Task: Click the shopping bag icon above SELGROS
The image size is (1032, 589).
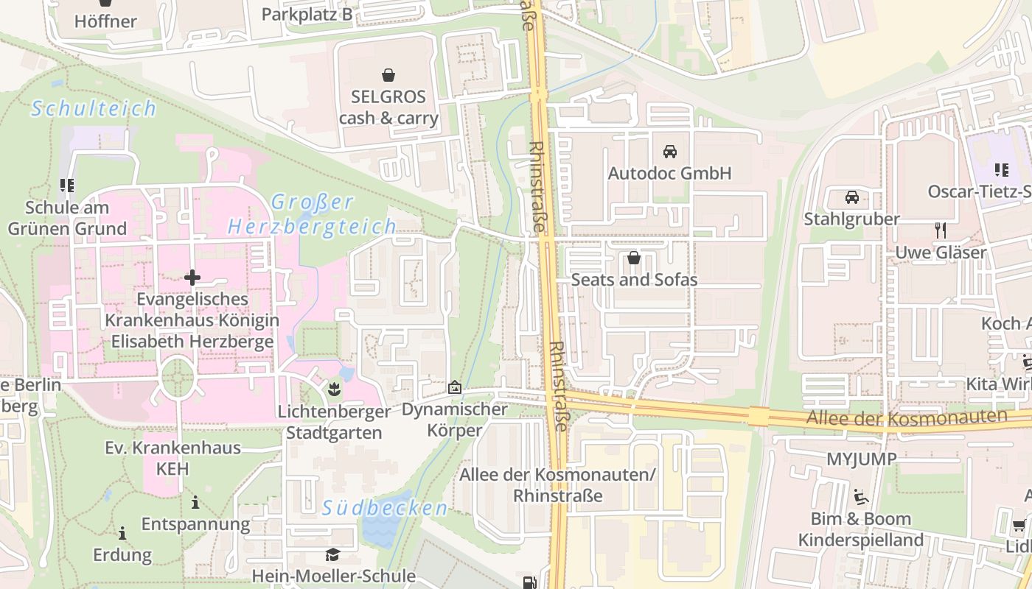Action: [x=388, y=74]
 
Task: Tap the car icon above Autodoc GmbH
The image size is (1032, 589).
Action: [x=669, y=152]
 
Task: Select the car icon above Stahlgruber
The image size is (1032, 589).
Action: [x=852, y=197]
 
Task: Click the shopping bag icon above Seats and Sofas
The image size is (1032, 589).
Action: [x=633, y=258]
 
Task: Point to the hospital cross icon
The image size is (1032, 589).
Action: [x=192, y=278]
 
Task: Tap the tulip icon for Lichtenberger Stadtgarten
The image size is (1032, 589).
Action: [x=333, y=387]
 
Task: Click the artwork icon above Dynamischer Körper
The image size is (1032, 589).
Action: [x=455, y=387]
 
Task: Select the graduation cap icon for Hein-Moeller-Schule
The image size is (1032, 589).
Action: [x=333, y=554]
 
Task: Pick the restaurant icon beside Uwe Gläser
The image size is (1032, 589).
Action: [x=940, y=230]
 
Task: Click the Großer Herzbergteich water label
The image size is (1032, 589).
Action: [x=313, y=214]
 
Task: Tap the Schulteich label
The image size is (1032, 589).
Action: [x=94, y=109]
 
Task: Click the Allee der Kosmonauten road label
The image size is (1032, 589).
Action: [x=906, y=418]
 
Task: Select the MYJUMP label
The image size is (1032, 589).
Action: [x=861, y=459]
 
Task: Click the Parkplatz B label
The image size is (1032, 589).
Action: [x=307, y=14]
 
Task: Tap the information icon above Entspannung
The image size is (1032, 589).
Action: [x=195, y=503]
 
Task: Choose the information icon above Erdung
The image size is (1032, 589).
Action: [x=122, y=532]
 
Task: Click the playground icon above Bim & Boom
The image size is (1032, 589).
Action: [x=860, y=497]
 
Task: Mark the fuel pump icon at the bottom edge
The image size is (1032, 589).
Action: [x=529, y=582]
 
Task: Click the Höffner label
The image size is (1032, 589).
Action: [x=105, y=21]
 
